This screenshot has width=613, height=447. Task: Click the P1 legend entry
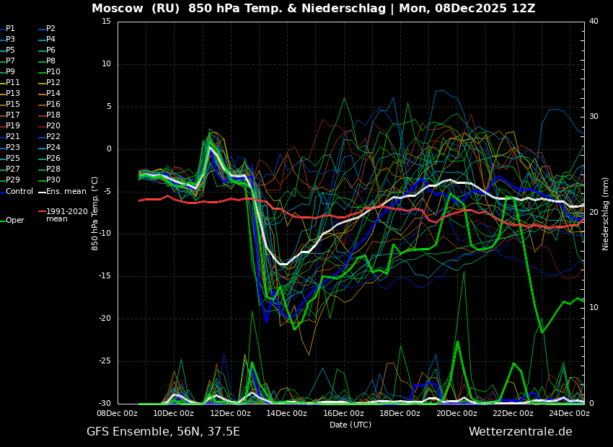coord(10,28)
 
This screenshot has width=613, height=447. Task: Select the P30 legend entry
coord(53,180)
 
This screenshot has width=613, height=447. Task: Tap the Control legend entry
coord(19,191)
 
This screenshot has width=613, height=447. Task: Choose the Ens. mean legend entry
coord(66,191)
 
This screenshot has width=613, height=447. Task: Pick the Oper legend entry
coord(15,221)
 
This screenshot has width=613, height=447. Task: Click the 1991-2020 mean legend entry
coord(66,215)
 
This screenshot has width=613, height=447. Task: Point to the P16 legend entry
coord(53,104)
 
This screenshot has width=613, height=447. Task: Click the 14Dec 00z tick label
coord(287,413)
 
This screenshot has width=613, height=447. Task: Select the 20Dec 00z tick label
coord(457,413)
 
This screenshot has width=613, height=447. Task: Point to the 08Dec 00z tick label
coord(117,413)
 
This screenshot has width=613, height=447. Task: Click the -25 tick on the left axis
coord(105,361)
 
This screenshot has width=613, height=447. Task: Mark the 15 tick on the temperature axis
coord(106,22)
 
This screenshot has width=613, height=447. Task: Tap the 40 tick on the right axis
coord(594,22)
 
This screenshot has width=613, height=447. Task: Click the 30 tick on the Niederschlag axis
coord(594,117)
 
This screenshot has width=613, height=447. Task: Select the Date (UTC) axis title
coord(350,425)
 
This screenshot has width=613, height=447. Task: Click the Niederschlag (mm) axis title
coord(606,213)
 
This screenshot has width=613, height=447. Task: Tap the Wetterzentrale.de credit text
coord(520,432)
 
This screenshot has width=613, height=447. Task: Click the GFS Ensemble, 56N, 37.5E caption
coord(163,432)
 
